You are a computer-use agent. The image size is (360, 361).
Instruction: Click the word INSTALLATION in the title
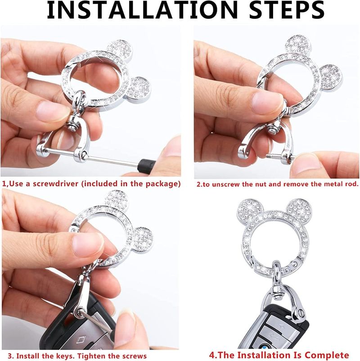coord(142,10)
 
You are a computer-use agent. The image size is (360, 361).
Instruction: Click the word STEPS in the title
coord(287,10)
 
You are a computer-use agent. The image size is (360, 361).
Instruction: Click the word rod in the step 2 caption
coord(352,184)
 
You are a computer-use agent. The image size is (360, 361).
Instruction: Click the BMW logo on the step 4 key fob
coord(262,346)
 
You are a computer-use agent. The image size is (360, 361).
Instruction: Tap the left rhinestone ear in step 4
coord(249,212)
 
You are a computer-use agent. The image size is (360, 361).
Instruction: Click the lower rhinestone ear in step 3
coord(143,240)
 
